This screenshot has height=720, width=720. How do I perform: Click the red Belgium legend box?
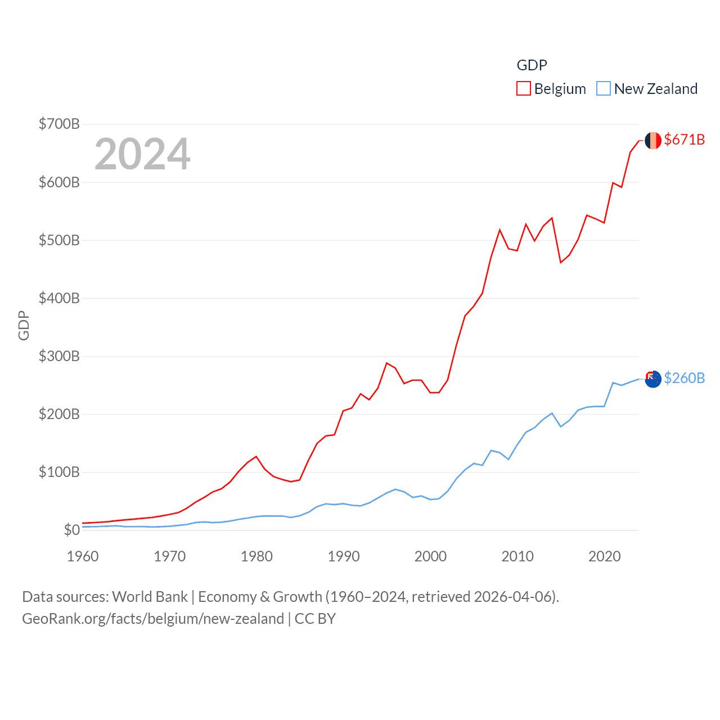(x=523, y=89)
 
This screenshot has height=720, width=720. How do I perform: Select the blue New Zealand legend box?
(x=603, y=89)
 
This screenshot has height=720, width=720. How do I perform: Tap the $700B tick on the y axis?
(x=59, y=124)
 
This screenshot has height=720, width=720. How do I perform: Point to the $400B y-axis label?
(x=59, y=298)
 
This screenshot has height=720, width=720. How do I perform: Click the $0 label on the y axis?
(x=71, y=530)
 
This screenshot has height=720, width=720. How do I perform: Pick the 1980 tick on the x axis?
(x=256, y=556)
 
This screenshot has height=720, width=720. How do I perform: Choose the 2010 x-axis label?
(x=517, y=556)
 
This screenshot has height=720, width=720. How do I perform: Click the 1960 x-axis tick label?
(x=83, y=556)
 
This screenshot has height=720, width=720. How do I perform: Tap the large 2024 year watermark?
(x=142, y=154)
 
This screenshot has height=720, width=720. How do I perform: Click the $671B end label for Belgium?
(x=684, y=139)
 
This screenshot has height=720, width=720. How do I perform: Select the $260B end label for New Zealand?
(x=684, y=378)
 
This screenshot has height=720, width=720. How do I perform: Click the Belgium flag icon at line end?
(x=652, y=141)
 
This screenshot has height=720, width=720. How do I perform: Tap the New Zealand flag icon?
(x=652, y=379)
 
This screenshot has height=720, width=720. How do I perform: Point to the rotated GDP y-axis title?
(x=24, y=325)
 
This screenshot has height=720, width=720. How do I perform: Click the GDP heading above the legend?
(x=532, y=65)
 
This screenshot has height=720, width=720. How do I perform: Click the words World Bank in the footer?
(x=150, y=597)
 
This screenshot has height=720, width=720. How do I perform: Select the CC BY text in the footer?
(x=315, y=619)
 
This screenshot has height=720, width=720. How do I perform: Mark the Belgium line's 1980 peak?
(x=256, y=456)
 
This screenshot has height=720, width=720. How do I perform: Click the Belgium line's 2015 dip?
(x=561, y=263)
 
